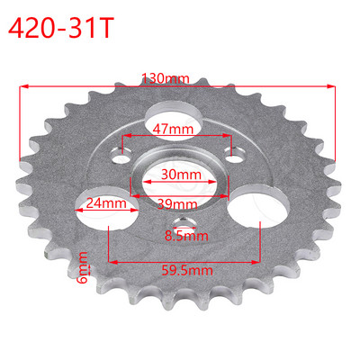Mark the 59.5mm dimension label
click(x=185, y=267)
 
